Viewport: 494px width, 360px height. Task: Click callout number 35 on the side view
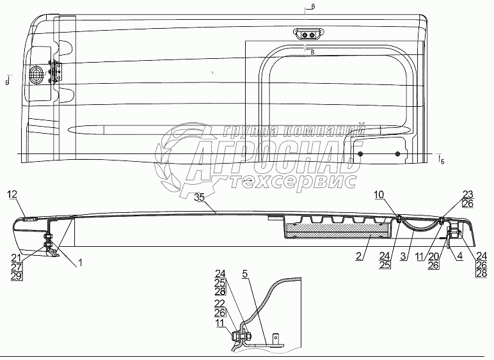[200, 198]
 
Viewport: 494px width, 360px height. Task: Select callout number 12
[13, 194]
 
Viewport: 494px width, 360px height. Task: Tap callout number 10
[379, 194]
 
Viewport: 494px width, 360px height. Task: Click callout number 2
[362, 256]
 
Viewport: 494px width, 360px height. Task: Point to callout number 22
[219, 304]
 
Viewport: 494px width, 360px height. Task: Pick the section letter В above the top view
[312, 8]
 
